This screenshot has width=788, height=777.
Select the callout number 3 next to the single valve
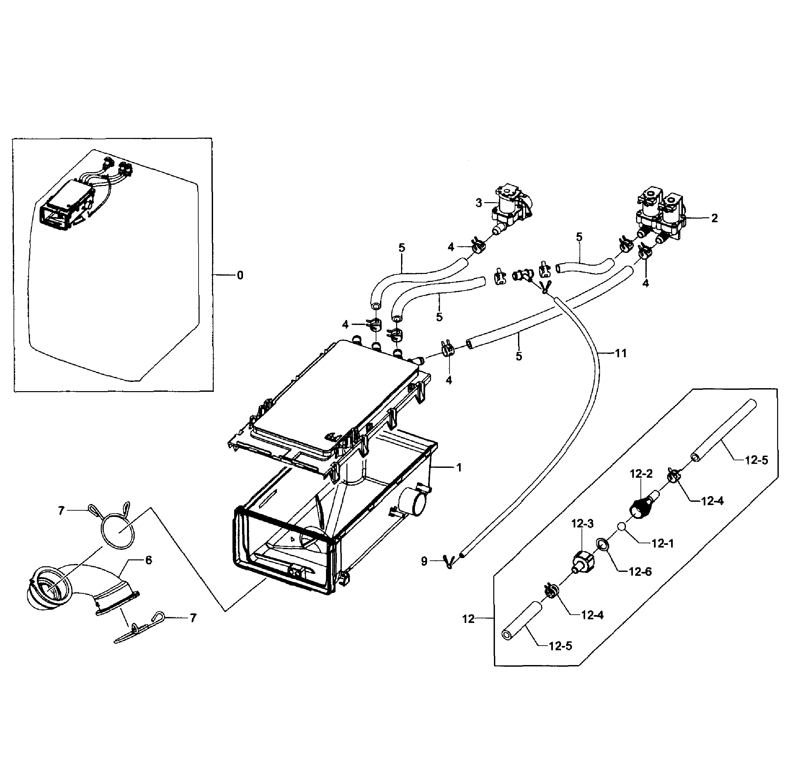click(x=479, y=203)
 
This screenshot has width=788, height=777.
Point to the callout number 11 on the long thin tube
click(x=620, y=353)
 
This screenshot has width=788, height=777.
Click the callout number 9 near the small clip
click(x=424, y=562)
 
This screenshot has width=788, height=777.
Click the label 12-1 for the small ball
click(x=663, y=543)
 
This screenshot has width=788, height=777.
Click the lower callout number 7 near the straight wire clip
click(x=193, y=618)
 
